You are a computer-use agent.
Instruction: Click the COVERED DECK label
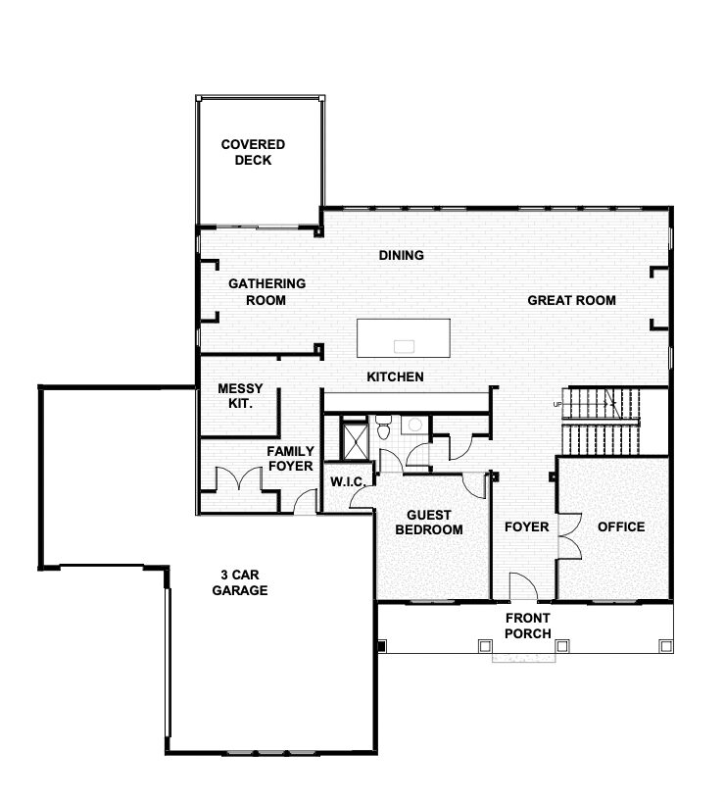(x=253, y=152)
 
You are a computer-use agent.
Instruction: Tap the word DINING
(x=402, y=255)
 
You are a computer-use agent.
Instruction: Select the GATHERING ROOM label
(x=266, y=291)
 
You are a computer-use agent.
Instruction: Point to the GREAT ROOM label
(x=571, y=300)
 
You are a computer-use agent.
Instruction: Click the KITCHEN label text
(x=395, y=376)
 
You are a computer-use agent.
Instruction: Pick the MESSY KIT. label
(x=240, y=396)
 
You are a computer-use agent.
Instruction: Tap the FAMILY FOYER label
(x=290, y=458)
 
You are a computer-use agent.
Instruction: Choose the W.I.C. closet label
(x=348, y=481)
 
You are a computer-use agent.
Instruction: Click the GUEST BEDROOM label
(x=429, y=523)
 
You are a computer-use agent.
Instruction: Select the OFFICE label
(x=621, y=526)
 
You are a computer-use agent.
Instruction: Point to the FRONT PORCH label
(x=528, y=626)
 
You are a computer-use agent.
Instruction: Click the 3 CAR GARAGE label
(x=240, y=582)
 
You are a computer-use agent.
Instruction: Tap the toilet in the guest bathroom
(x=383, y=427)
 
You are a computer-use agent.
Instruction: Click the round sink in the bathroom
(x=415, y=425)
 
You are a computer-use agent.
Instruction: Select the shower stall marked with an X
(x=355, y=440)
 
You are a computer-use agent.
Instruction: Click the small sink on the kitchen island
(x=404, y=347)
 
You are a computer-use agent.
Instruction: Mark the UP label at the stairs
(x=556, y=404)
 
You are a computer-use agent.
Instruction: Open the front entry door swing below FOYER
(x=523, y=586)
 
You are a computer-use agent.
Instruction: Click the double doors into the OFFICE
(x=570, y=536)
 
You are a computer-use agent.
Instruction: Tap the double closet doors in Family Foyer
(x=239, y=479)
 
